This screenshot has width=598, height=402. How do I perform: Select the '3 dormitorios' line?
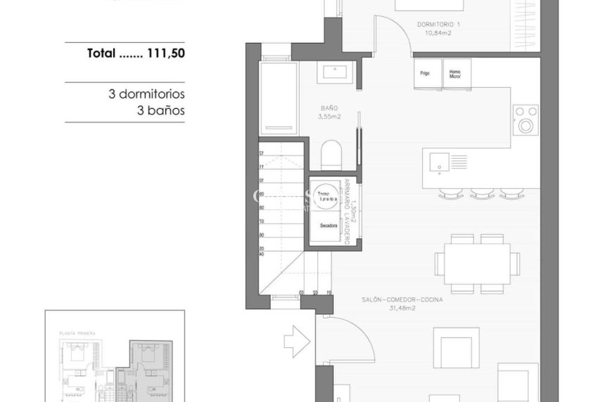coord(146,94)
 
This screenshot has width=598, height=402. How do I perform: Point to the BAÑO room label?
coord(330,112)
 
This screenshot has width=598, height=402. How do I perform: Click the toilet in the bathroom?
coord(330,155)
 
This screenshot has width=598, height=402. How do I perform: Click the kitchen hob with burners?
coord(525,119)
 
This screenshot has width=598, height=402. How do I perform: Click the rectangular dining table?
coord(477,264)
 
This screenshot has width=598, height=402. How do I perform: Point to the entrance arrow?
coord(295,342)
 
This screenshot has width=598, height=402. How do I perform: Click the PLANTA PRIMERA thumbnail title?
coord(77,332)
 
